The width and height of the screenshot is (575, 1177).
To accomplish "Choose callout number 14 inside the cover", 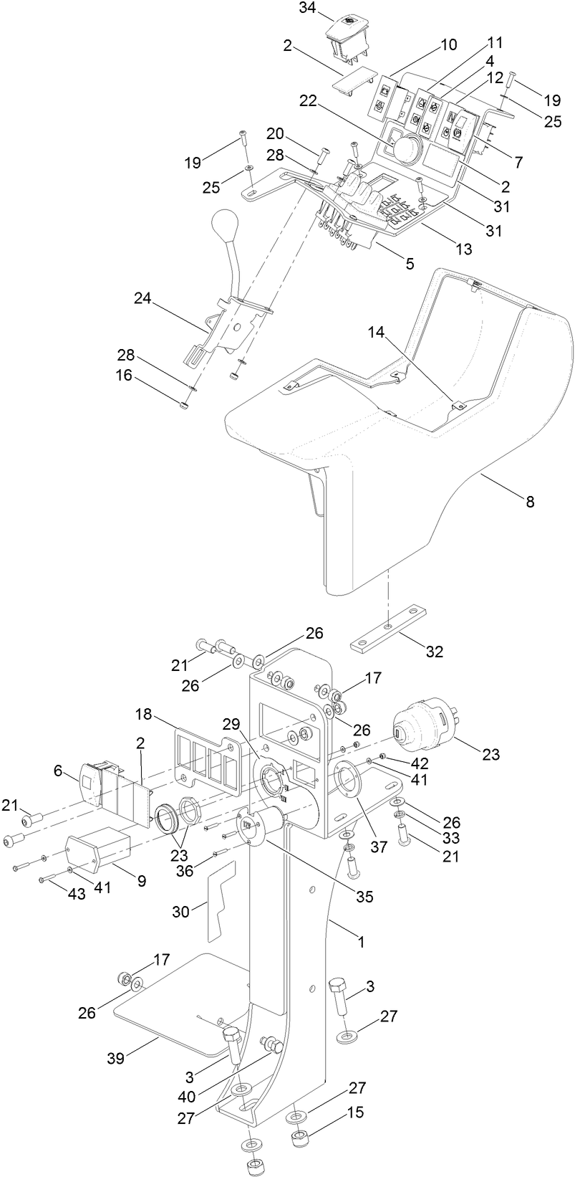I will [x=377, y=332].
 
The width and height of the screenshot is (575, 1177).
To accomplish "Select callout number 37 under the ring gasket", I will [x=379, y=847].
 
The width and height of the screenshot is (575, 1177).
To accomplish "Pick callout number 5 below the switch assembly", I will [x=409, y=263].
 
